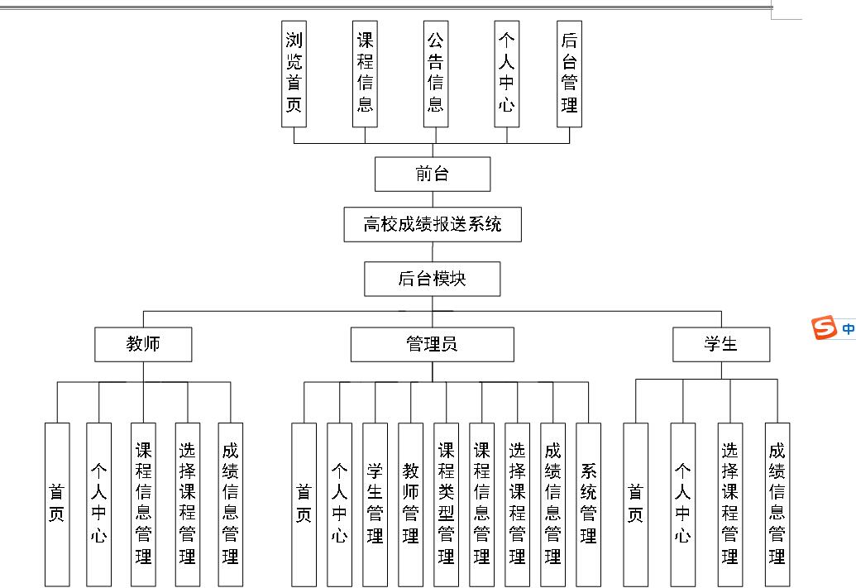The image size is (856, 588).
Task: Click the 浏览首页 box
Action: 294,74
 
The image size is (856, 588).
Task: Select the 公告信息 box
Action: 436,74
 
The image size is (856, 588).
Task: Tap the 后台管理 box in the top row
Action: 569,74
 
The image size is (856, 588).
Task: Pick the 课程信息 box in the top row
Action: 365,74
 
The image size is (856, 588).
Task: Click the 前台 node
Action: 433,174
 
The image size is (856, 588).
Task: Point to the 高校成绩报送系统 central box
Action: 433,224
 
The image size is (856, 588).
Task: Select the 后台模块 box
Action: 433,279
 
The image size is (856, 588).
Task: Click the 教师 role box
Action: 143,344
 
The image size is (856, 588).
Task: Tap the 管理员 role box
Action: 432,344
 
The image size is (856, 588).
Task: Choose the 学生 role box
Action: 720,344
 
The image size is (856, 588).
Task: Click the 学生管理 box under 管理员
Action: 375,504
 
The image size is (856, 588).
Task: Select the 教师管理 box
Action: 410,504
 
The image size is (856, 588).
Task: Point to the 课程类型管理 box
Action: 446,504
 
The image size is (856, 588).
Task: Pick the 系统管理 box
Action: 588,504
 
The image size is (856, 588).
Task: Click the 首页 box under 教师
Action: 57,504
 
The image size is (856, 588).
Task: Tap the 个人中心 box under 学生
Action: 682,504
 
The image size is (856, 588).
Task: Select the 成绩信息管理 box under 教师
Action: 231,504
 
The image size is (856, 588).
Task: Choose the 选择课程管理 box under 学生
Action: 729,504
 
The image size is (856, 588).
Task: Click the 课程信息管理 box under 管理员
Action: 481,504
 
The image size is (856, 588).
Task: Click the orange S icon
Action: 824,328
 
